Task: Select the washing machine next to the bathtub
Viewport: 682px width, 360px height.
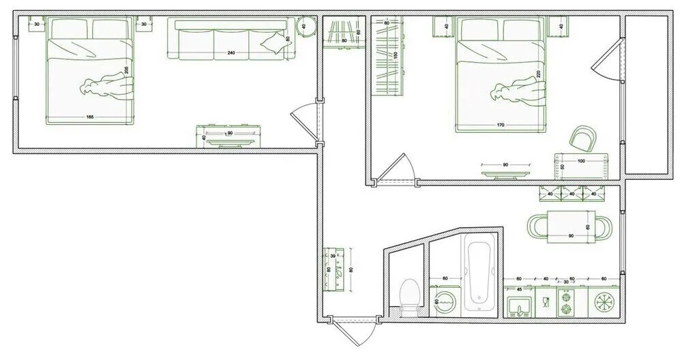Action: coord(444,301)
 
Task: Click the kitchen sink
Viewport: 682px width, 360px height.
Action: coord(520,303)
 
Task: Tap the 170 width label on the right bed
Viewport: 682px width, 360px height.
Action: coord(501,125)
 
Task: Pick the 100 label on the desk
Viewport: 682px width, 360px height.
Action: coord(581,162)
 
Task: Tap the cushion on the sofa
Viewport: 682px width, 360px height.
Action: coord(274,43)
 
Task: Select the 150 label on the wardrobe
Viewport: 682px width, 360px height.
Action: coord(395,54)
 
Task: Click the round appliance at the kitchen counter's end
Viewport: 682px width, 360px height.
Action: coord(604,301)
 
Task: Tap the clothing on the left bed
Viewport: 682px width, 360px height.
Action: coord(108,87)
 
